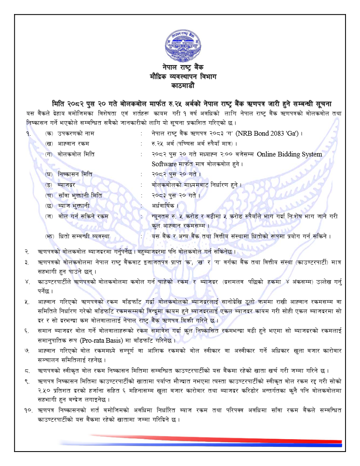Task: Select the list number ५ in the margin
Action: click(27, 301)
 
